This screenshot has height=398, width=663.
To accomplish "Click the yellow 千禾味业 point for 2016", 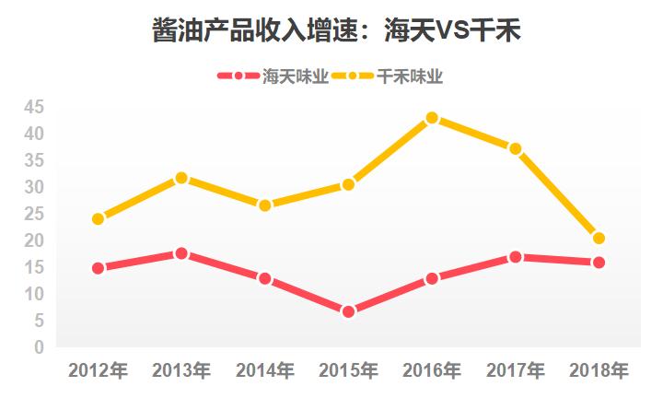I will [432, 118].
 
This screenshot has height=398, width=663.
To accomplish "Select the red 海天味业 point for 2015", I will [348, 311].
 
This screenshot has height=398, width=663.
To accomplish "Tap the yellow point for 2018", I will [599, 239].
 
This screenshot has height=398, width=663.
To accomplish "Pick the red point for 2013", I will [181, 253].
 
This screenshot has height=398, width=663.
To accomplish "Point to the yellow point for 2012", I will [98, 219].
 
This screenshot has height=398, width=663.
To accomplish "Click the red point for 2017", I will [515, 257].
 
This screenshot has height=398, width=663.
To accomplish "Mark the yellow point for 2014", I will [265, 205].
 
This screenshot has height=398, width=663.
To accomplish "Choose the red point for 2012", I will [98, 268].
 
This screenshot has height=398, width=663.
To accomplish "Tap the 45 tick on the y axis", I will [34, 107].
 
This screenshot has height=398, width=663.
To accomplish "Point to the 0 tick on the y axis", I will [39, 347].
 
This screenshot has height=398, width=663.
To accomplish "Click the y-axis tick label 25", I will [34, 214].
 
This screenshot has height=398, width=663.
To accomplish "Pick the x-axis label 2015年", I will [348, 371].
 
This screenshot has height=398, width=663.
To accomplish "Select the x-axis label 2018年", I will [599, 371].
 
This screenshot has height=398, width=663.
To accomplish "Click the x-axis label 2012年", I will [98, 371].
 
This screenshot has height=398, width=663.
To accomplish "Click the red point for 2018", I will [599, 263].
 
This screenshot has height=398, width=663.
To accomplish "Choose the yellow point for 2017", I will [515, 148].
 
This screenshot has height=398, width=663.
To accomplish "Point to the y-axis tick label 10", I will [34, 294].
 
